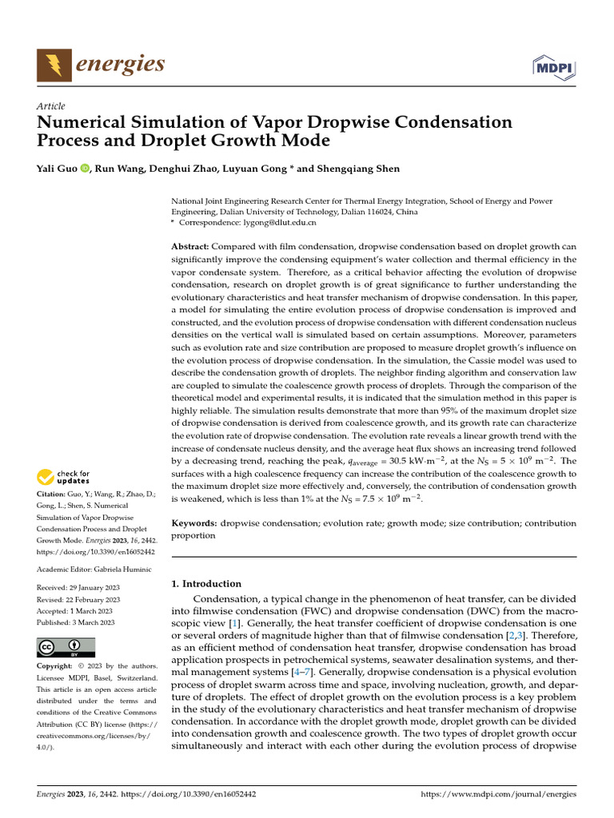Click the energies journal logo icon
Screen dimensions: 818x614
tap(53, 64)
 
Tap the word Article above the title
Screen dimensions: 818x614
tap(51, 106)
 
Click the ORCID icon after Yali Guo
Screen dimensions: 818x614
tap(84, 169)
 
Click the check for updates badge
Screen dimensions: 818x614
tap(63, 478)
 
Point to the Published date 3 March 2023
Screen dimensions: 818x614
tap(94, 621)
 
